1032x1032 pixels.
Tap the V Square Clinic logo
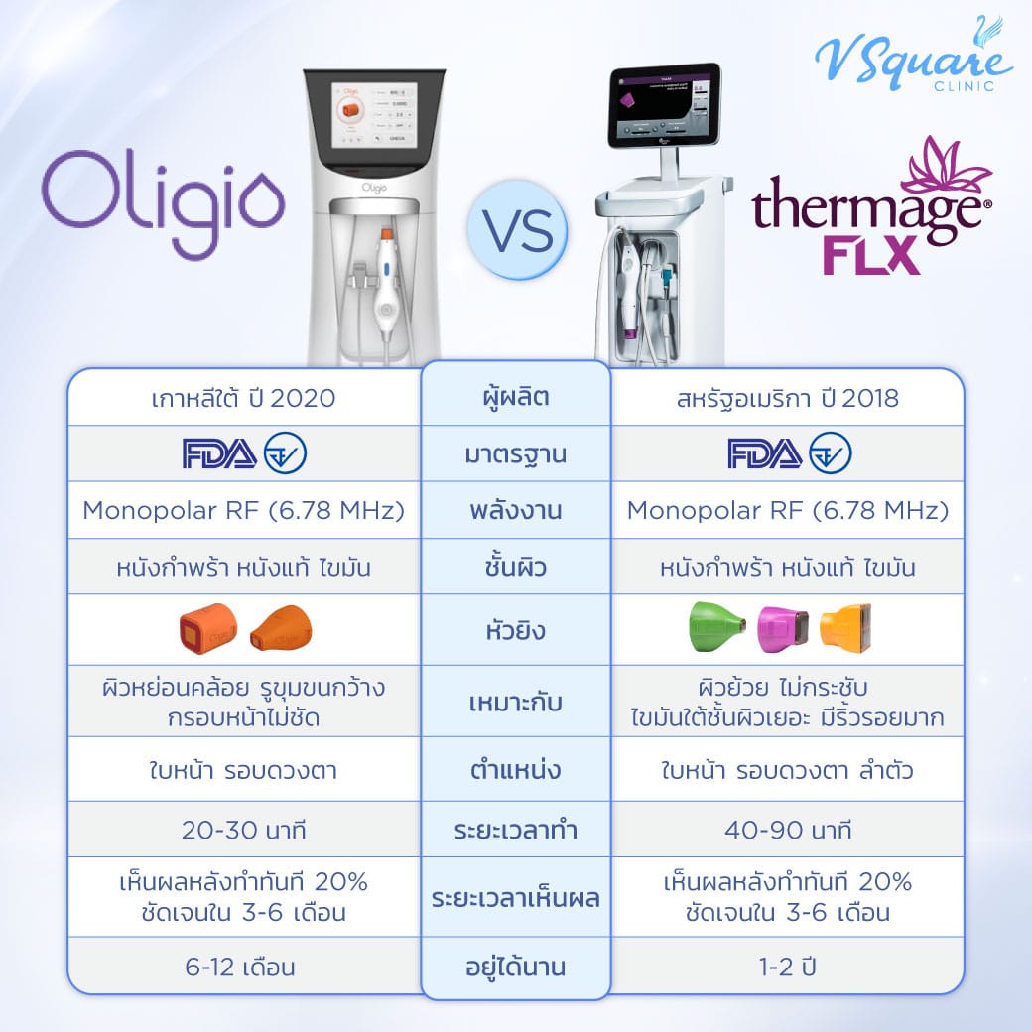912,57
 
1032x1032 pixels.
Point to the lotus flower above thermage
943,166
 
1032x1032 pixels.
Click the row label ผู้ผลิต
515,399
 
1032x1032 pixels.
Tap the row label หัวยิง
515,630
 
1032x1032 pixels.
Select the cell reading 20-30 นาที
244,831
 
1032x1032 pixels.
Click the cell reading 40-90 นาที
786,831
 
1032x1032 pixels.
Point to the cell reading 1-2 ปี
786,966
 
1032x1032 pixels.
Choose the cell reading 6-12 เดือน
244,966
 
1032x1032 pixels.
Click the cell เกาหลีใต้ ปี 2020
244,399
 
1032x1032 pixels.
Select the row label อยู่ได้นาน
515,966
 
